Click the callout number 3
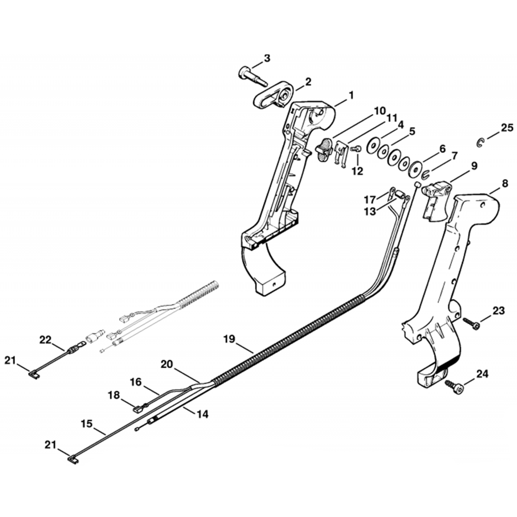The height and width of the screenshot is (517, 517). (267, 58)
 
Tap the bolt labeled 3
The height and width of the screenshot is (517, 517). (251, 75)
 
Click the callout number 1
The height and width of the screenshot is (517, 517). (351, 95)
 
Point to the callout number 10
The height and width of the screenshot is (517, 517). (379, 111)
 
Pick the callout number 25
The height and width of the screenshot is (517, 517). (507, 128)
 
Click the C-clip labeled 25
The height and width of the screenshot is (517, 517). (480, 142)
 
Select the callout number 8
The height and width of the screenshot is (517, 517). (505, 183)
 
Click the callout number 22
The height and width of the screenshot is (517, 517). (45, 340)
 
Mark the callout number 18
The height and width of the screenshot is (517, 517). (113, 396)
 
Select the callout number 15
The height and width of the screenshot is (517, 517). (86, 423)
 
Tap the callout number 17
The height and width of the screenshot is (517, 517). (370, 200)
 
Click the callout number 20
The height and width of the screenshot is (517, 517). (166, 364)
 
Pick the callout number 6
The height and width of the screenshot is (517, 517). (442, 148)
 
